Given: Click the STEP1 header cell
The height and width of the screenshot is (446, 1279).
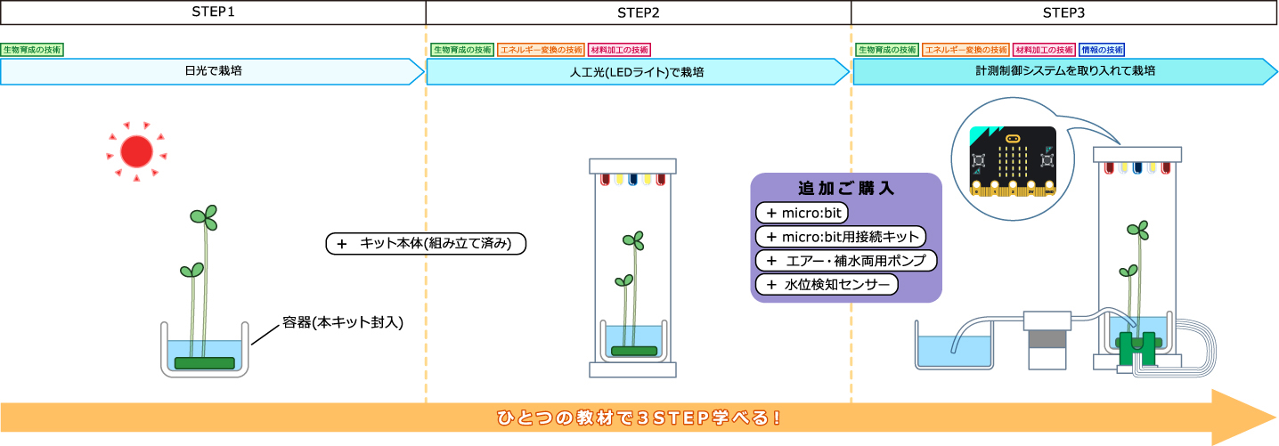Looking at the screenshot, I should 213,12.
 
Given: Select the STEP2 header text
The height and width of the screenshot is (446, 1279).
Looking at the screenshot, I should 638,12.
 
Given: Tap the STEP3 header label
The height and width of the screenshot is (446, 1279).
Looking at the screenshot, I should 1063,12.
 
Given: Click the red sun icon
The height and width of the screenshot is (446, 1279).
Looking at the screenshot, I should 136,152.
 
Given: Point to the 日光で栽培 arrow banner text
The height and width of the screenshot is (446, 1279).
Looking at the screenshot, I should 208,71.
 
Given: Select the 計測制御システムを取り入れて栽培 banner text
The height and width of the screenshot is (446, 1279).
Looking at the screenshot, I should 1065,71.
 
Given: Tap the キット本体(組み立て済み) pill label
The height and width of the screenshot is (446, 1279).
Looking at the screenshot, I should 427,243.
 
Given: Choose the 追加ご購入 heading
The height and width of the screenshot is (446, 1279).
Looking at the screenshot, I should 846,189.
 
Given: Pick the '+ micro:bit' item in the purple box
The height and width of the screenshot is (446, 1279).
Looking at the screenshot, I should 802,214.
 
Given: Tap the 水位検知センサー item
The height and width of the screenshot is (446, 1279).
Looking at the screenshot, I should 827,285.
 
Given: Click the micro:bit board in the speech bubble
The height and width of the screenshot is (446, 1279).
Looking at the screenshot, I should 1013,160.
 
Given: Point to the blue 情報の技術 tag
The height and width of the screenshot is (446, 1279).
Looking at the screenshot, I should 1102,50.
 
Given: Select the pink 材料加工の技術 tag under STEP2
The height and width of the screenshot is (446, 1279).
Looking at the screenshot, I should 620,50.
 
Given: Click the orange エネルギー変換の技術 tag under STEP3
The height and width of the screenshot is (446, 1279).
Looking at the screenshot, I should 965,50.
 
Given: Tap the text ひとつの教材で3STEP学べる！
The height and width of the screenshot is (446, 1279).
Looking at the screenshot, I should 639,417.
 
